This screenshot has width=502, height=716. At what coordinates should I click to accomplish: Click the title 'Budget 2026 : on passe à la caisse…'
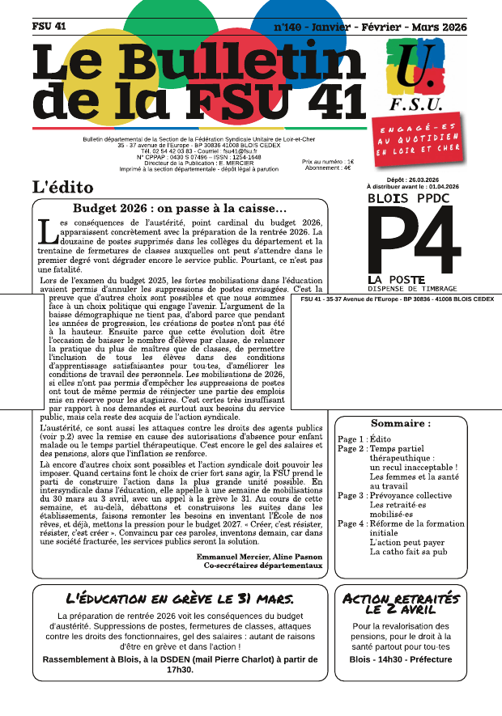180,210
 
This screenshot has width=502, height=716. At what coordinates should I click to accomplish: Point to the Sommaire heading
400,423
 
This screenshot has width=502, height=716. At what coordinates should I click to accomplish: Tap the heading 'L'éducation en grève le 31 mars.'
180,599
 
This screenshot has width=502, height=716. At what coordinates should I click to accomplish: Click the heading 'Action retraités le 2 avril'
401,604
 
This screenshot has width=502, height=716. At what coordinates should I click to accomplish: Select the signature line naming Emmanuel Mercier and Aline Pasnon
259,557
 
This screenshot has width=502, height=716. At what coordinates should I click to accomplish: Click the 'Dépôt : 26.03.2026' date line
412,179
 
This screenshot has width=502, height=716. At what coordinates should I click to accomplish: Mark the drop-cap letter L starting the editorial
48,231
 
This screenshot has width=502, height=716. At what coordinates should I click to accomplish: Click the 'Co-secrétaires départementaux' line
263,566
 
